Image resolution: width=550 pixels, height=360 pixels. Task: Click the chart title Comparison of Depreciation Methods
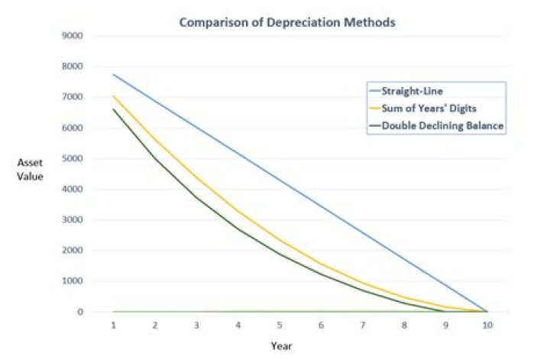click(286, 22)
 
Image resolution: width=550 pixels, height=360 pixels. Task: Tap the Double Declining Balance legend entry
click(442, 126)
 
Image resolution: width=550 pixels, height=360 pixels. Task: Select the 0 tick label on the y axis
click(79, 312)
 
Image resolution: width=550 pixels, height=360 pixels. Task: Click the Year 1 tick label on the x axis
click(114, 324)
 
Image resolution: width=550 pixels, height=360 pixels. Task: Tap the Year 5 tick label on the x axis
click(280, 324)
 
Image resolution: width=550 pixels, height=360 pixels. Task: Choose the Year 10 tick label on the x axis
click(487, 324)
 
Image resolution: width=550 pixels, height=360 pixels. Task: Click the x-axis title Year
click(281, 345)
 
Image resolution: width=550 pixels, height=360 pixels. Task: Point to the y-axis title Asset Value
click(31, 169)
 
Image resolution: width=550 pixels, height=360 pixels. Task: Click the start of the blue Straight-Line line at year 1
click(114, 74)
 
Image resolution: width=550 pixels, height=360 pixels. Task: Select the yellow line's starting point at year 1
click(114, 96)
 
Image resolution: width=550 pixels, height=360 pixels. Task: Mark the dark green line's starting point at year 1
click(114, 109)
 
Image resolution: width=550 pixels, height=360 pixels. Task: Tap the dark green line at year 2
click(155, 158)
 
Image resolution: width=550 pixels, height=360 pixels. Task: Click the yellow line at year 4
click(238, 211)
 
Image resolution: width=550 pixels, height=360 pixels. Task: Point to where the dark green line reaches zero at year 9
click(445, 312)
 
